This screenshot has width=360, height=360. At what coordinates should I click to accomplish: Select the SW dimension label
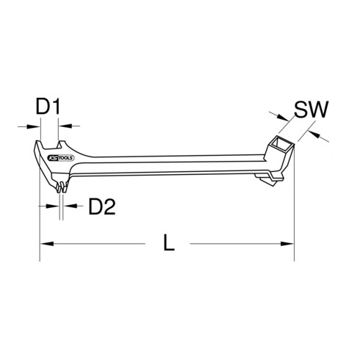(x=312, y=111)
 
